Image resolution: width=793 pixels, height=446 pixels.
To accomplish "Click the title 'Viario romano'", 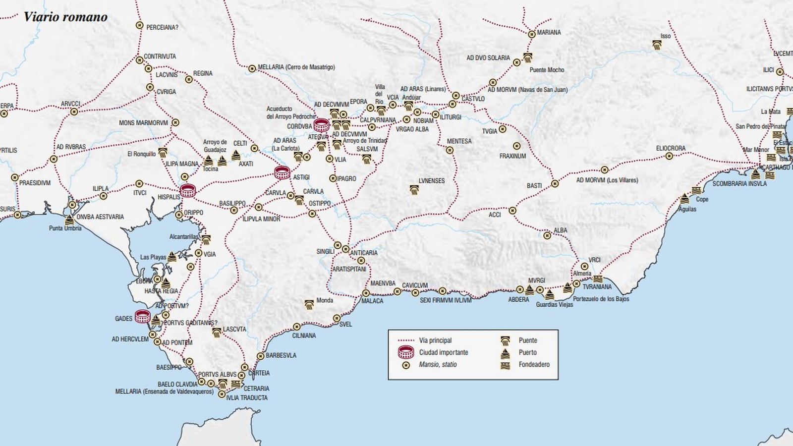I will point(65,17).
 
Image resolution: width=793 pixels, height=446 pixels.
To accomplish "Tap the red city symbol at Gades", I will point(143,316).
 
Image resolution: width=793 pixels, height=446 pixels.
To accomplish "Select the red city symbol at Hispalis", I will point(188,190).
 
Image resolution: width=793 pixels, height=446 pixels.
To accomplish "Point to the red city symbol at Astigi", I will point(283,172).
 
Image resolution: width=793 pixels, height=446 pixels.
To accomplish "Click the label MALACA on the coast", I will point(372,301).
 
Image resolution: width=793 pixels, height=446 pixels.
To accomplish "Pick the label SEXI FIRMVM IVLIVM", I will point(446,300).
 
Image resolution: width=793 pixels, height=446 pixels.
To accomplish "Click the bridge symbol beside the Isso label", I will point(657,45).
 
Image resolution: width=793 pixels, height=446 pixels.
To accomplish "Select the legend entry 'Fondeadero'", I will point(534,364).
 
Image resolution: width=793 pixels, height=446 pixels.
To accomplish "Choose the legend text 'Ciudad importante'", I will point(443,352).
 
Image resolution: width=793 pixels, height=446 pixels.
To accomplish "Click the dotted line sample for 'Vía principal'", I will point(406,340).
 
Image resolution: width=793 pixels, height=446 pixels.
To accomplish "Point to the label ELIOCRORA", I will point(671,148).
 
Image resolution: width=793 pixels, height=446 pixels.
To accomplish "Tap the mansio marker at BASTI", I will point(555,184).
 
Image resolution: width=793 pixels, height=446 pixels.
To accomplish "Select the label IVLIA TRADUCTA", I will point(246,397).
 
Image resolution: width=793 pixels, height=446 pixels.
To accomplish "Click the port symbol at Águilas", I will point(684,199).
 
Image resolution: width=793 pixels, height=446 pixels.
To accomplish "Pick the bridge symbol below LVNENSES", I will point(414,189).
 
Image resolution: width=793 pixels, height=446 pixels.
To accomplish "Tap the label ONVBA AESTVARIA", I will point(100,217).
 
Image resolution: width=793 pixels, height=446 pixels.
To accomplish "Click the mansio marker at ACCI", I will point(512,211).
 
